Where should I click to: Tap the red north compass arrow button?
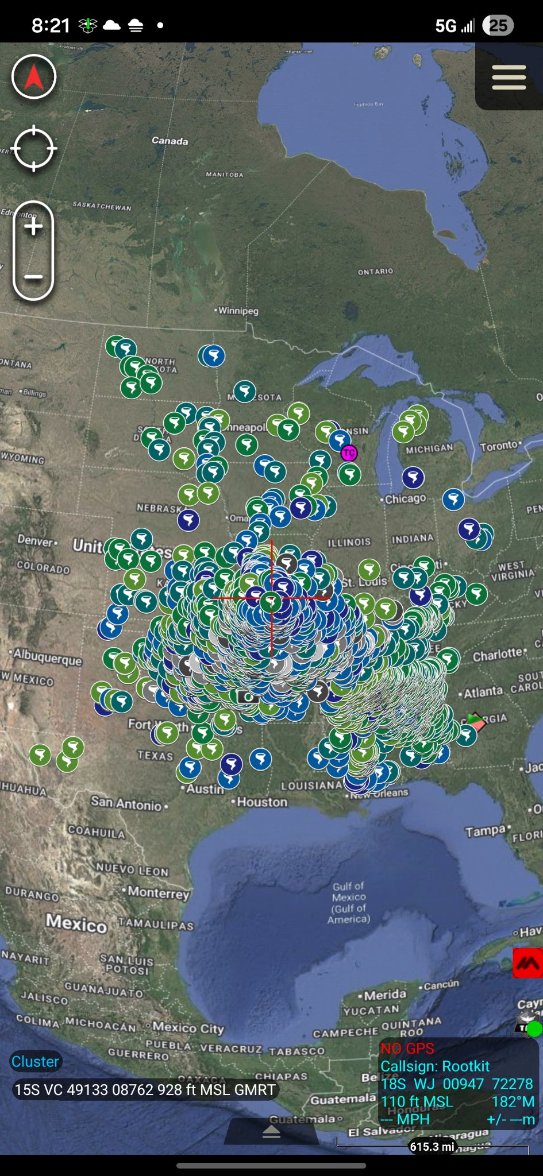point(34,77)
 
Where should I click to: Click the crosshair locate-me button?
point(34,148)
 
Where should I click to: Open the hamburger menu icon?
point(509,77)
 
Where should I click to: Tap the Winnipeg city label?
point(238,311)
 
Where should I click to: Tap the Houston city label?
point(261,802)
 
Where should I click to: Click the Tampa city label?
point(486,831)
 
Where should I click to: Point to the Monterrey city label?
point(158,892)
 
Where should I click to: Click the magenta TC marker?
point(349,453)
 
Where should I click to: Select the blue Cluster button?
point(36,1062)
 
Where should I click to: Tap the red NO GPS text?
point(407,1049)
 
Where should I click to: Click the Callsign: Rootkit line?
point(435,1066)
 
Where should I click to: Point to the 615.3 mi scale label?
point(432,1147)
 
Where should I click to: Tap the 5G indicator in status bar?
point(446,26)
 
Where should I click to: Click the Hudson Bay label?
point(368,105)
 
